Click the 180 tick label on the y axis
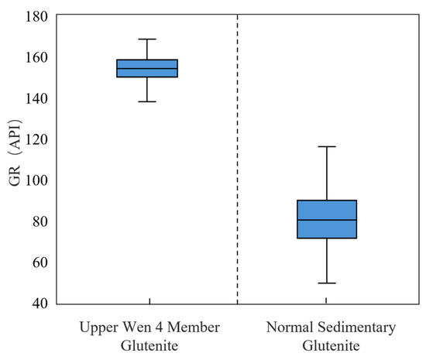[36, 16]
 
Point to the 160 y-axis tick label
[36, 57]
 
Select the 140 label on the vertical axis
[36, 98]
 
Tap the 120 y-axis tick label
[36, 139]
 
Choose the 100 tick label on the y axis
[36, 180]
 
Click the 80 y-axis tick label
[40, 221]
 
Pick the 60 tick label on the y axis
[40, 262]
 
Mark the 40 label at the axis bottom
[40, 303]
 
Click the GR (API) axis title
[15, 153]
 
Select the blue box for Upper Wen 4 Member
[147, 68]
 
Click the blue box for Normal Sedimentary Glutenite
[327, 219]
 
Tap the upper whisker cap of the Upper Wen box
[147, 39]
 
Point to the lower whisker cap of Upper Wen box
[147, 101]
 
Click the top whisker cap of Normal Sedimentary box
[327, 146]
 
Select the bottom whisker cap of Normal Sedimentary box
[327, 283]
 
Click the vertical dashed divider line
[238, 159]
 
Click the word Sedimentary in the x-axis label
[357, 327]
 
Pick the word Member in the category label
[194, 327]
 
